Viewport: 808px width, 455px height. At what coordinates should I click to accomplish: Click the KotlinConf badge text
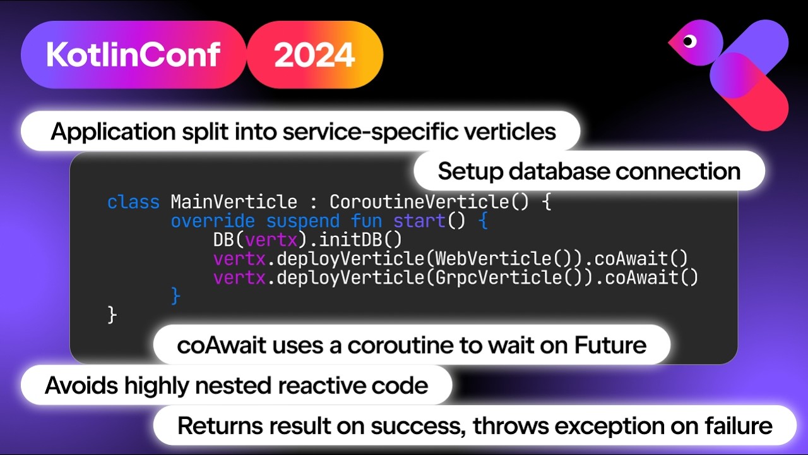click(x=133, y=55)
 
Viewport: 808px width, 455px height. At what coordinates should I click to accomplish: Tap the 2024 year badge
click(x=314, y=55)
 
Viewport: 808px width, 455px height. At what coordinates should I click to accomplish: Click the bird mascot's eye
click(x=689, y=42)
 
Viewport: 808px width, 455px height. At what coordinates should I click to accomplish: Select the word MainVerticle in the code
click(x=234, y=202)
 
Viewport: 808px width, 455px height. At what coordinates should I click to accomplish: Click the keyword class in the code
click(x=133, y=202)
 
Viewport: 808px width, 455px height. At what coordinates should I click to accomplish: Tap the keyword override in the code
click(x=213, y=221)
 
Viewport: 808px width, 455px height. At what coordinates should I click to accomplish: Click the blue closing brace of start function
click(x=176, y=296)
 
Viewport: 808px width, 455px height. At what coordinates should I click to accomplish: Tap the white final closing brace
click(x=112, y=314)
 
